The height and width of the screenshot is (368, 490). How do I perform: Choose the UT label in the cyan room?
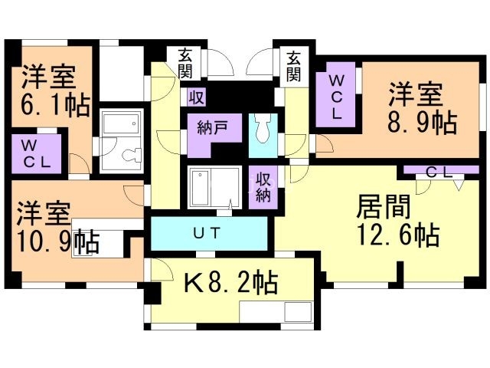click(x=207, y=233)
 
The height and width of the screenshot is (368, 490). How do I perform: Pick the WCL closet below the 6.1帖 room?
click(x=36, y=154)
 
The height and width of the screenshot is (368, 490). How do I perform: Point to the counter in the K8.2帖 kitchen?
click(x=275, y=311)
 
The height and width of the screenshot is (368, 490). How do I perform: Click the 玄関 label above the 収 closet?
click(x=185, y=64)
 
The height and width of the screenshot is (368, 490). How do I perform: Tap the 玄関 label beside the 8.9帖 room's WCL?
click(x=295, y=64)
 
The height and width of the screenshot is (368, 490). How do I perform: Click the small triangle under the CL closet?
click(x=458, y=186)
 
